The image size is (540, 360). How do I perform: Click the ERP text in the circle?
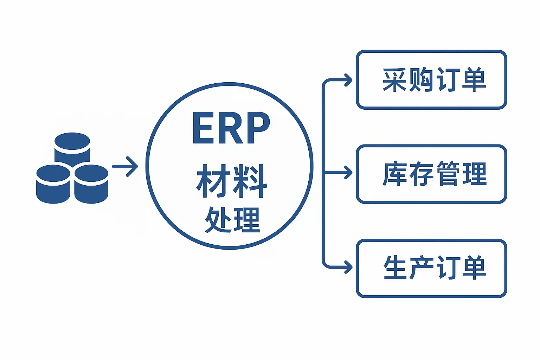click(231, 128)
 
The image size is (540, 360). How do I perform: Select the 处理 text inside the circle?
click(232, 220)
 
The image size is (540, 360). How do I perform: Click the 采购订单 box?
click(431, 80)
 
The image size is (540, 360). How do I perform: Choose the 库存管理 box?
click(431, 174)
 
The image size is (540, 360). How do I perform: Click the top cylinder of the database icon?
click(72, 144)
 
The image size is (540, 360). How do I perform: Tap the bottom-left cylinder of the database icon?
click(53, 185)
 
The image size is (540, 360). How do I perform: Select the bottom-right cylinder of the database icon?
click(91, 185)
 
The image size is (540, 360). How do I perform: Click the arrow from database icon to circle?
click(125, 166)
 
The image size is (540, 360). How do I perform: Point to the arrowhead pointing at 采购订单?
click(348, 80)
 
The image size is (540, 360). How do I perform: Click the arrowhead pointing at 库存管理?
click(348, 173)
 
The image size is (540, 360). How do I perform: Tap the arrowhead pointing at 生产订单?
click(348, 267)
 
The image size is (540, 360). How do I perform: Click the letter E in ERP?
click(203, 128)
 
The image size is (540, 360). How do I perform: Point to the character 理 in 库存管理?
click(475, 174)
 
